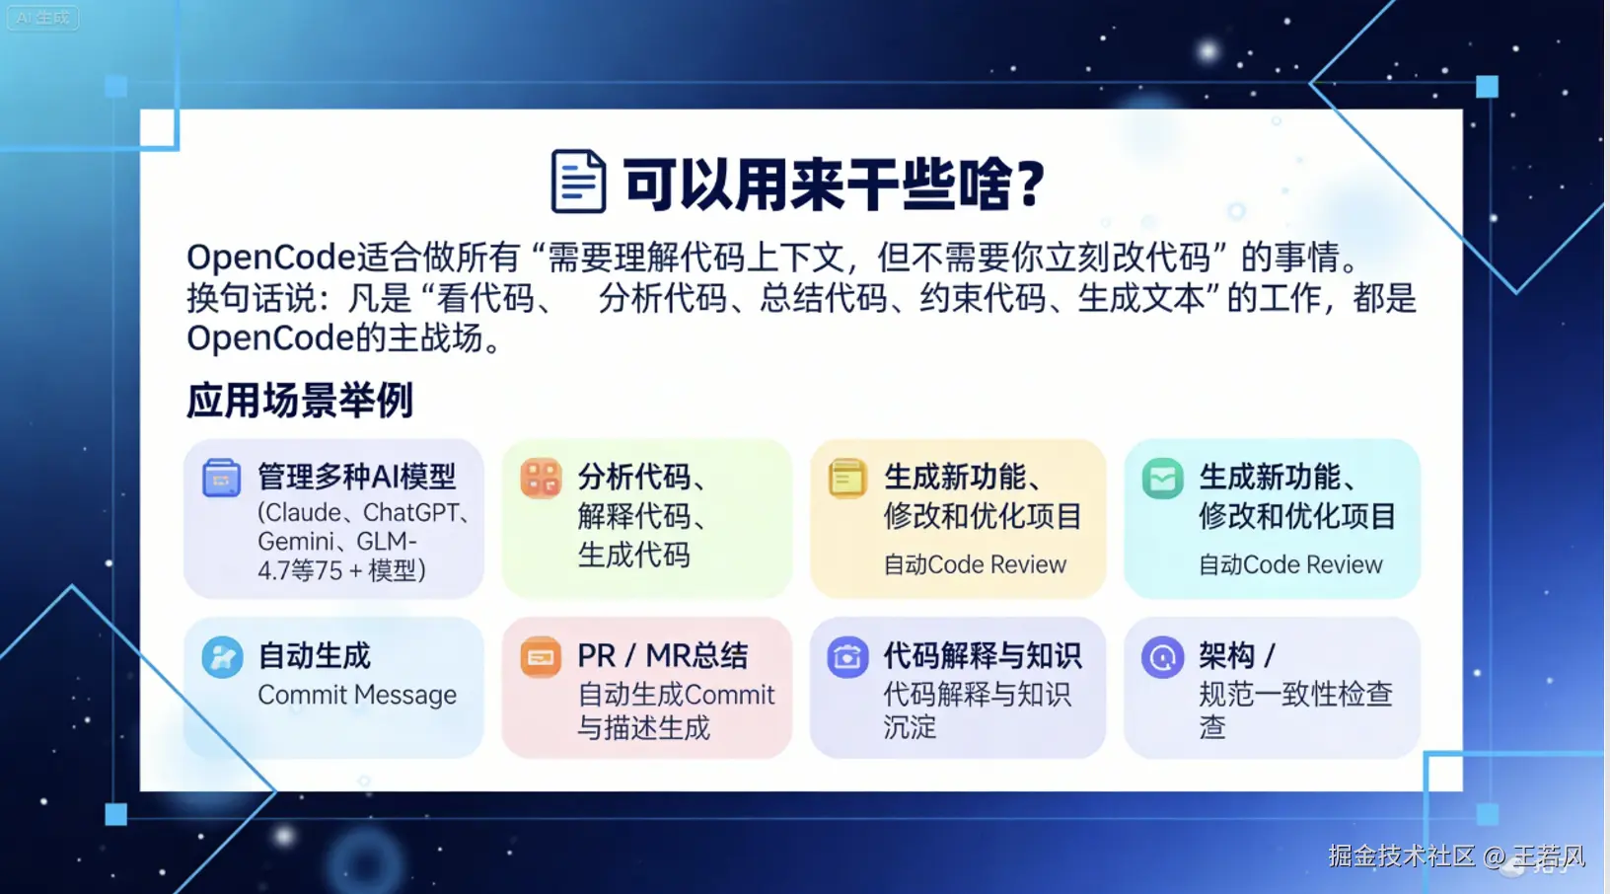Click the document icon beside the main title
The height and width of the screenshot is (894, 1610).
(x=578, y=182)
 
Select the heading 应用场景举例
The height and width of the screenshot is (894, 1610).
(x=300, y=401)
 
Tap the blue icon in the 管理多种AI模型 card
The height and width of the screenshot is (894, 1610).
(x=221, y=478)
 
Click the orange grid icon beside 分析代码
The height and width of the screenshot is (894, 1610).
(x=541, y=478)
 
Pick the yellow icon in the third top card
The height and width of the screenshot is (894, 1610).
(x=847, y=478)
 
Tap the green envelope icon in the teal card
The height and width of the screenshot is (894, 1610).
(x=1162, y=478)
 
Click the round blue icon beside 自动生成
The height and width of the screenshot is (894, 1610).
(x=222, y=657)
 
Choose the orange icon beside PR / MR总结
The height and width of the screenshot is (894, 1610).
(x=541, y=657)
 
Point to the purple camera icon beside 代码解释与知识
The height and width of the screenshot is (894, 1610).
(x=847, y=657)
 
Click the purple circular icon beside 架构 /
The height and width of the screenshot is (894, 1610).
(x=1162, y=657)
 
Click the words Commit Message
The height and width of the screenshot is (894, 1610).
(x=357, y=695)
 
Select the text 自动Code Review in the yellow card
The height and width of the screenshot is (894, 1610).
(x=975, y=564)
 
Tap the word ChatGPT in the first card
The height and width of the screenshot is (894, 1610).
(x=410, y=512)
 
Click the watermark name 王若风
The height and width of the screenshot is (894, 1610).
(x=1549, y=856)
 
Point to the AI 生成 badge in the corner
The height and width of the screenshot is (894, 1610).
(x=43, y=17)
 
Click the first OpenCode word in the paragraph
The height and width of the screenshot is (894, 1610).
(x=271, y=257)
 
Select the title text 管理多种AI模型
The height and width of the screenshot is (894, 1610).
(x=357, y=477)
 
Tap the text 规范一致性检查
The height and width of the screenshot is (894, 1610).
(x=1295, y=695)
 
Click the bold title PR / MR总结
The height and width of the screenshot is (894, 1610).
(x=663, y=655)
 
